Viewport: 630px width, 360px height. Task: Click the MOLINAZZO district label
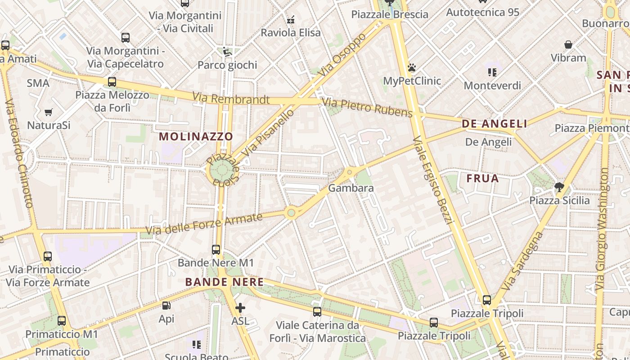pos(196,136)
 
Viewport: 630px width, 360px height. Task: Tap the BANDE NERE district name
pos(224,282)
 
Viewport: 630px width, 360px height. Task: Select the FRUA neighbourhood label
pos(482,179)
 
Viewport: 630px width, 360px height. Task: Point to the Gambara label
pos(351,188)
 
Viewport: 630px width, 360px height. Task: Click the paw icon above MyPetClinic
pos(411,68)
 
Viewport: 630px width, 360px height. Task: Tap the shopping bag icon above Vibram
pos(568,45)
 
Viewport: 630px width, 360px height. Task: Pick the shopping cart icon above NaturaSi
pos(48,112)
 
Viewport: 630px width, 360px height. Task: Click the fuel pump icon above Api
pos(166,306)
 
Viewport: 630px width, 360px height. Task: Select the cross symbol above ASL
pos(240,308)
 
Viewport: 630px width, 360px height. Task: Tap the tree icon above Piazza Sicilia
pos(559,187)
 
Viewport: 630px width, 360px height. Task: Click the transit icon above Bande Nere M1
pos(216,249)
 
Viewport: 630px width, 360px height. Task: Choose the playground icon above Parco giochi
pos(227,52)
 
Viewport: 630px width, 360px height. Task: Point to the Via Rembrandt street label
pos(231,98)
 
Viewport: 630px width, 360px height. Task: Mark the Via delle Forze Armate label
pos(203,224)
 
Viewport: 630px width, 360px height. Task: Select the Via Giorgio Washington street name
pos(602,229)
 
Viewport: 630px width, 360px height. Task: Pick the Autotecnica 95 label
pos(482,12)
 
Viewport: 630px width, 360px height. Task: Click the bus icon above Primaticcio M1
pos(62,321)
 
